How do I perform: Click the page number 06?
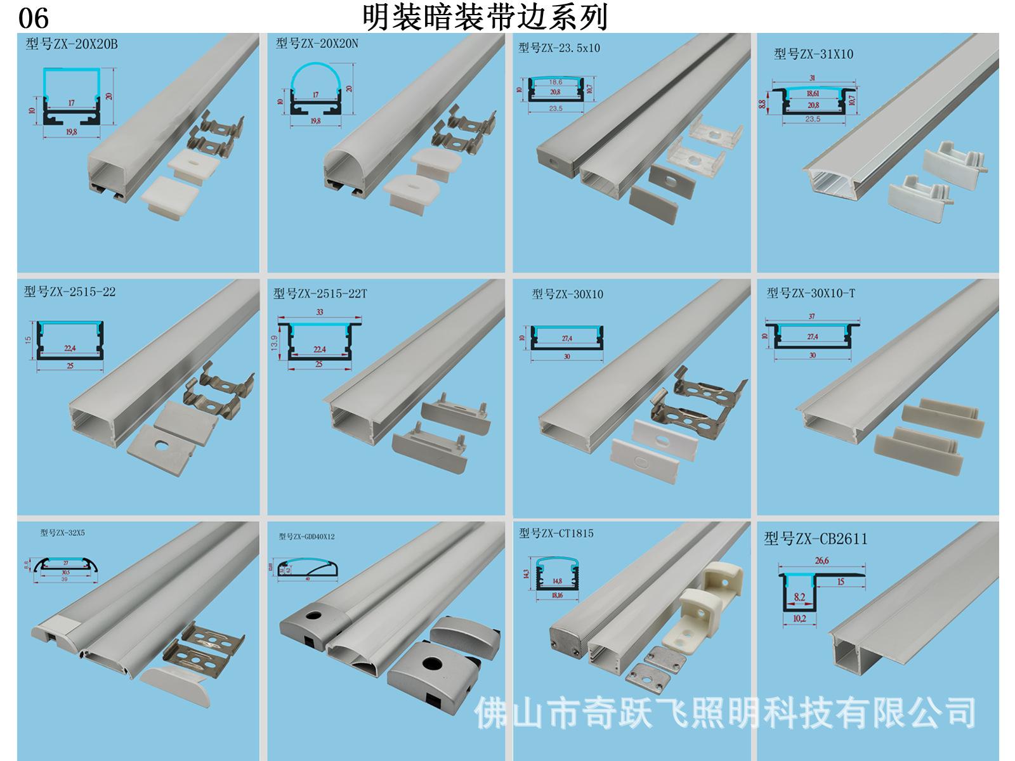coord(33,18)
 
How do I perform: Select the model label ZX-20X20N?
coord(317,43)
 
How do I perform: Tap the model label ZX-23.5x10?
coord(559,48)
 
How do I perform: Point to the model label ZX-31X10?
coord(813,55)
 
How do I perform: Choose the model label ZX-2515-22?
coord(70,292)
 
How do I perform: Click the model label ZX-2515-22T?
coord(320,294)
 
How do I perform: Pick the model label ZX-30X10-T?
coord(810,293)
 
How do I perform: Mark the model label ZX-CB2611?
coord(815,539)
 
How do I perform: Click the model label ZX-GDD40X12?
coord(306,537)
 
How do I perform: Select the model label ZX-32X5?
coord(62,533)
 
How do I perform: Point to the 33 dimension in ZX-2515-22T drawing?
coord(320,312)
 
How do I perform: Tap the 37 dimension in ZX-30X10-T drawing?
coord(812,316)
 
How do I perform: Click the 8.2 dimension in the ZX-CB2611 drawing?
coord(799,597)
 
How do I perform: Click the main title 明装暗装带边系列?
coord(485,18)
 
